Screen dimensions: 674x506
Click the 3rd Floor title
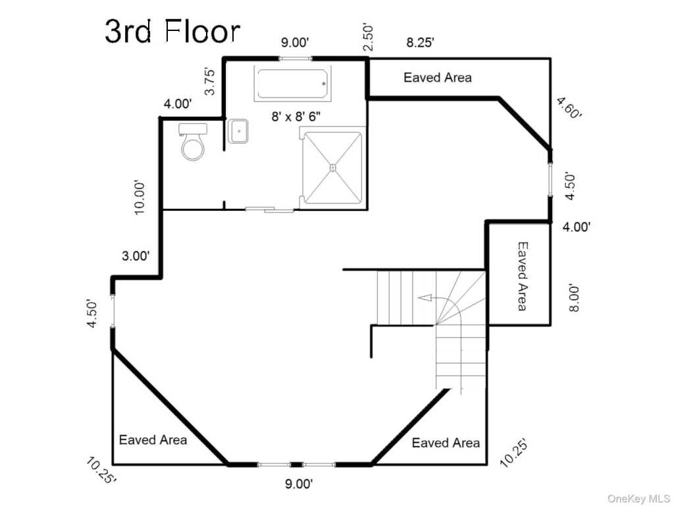[x=172, y=31]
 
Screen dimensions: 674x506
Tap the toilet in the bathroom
[x=193, y=141]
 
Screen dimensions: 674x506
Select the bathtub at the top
[x=293, y=84]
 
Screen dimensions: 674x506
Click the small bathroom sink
[x=238, y=131]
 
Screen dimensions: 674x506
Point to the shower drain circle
[x=332, y=167]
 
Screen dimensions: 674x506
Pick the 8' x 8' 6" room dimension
[x=296, y=117]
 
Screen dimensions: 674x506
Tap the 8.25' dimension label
[x=420, y=43]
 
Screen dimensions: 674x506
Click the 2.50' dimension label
[x=369, y=38]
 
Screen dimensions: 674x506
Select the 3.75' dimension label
[x=209, y=80]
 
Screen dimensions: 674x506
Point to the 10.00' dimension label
[x=140, y=197]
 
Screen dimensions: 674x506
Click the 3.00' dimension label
[x=136, y=256]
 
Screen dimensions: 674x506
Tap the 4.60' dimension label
[x=569, y=107]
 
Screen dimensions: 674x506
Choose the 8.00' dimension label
[x=575, y=297]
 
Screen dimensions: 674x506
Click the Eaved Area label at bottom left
[x=153, y=439]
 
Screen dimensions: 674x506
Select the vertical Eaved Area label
[x=522, y=276]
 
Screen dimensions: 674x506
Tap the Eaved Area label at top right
[x=438, y=78]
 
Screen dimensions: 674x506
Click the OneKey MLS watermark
[x=638, y=498]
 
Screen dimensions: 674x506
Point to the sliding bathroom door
[x=269, y=210]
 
